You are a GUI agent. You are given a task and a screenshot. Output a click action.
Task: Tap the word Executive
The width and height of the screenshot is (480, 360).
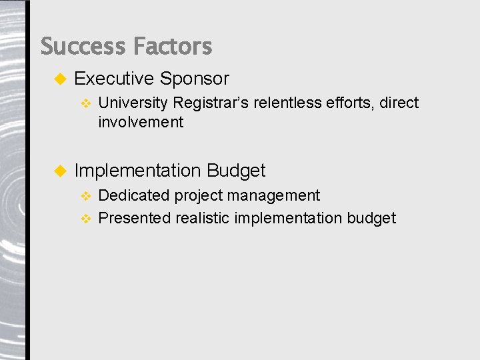click(114, 79)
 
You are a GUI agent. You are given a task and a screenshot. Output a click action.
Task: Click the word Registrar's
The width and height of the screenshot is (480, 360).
click(211, 103)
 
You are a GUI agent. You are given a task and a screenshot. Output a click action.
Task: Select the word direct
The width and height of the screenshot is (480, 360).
click(399, 103)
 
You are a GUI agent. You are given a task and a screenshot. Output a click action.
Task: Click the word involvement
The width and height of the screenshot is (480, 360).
click(141, 122)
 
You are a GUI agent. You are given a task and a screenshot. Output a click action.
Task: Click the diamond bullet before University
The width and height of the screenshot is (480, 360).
click(85, 103)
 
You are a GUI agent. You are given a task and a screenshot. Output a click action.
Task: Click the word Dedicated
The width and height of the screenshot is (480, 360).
click(134, 195)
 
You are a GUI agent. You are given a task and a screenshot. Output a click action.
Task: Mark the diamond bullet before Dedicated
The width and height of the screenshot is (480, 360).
click(85, 196)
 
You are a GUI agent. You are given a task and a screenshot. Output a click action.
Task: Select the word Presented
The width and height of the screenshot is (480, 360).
click(135, 218)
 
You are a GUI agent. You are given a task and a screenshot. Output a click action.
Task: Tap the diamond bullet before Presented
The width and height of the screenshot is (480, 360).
click(85, 219)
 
